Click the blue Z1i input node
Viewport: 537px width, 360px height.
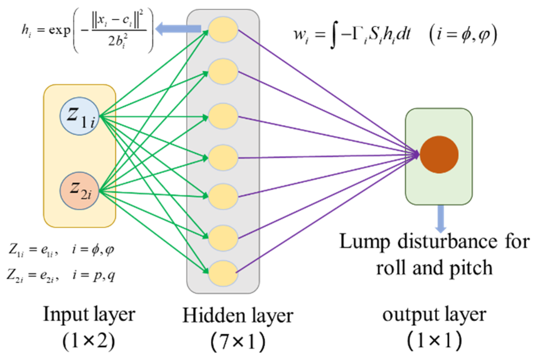[x=80, y=116]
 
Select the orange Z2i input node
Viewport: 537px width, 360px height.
[x=80, y=191]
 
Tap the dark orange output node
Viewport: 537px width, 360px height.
[x=439, y=155]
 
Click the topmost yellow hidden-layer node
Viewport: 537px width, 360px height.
[x=223, y=30]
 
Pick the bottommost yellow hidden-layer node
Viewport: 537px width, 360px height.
[x=223, y=273]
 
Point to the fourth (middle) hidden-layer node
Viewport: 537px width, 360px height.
[x=223, y=158]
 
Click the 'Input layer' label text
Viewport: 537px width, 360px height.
[x=89, y=315]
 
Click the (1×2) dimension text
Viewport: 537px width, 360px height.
[x=89, y=341]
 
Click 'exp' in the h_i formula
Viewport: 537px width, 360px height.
[x=60, y=30]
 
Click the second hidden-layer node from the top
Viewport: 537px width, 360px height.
[x=223, y=72]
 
